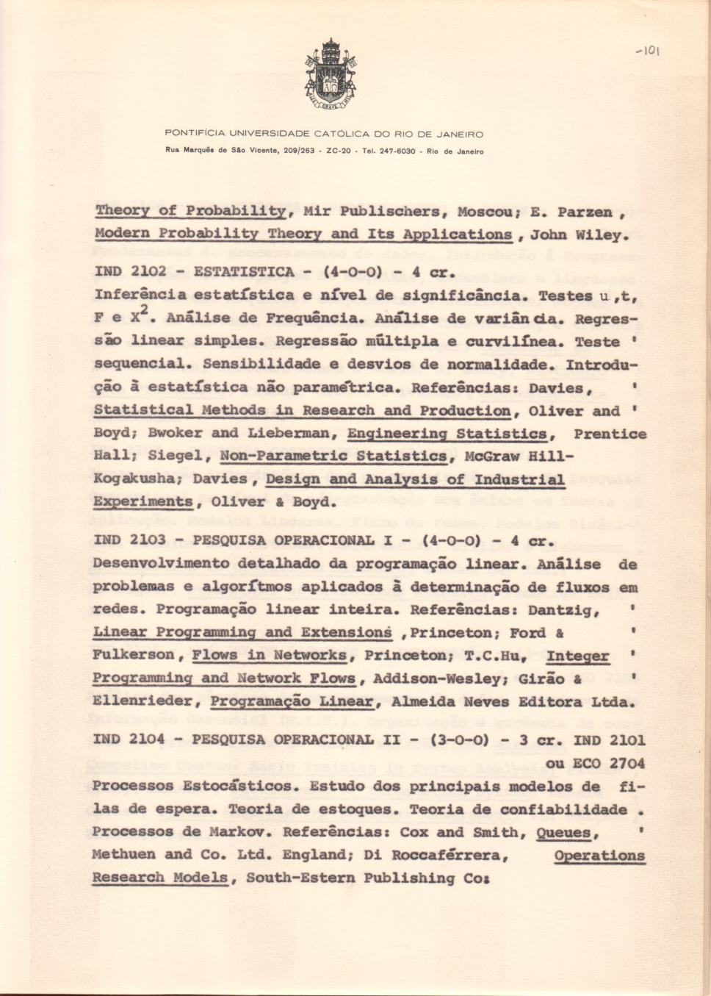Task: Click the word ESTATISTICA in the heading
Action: tap(243, 272)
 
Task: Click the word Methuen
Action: tap(123, 854)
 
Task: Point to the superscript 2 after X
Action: tap(145, 311)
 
